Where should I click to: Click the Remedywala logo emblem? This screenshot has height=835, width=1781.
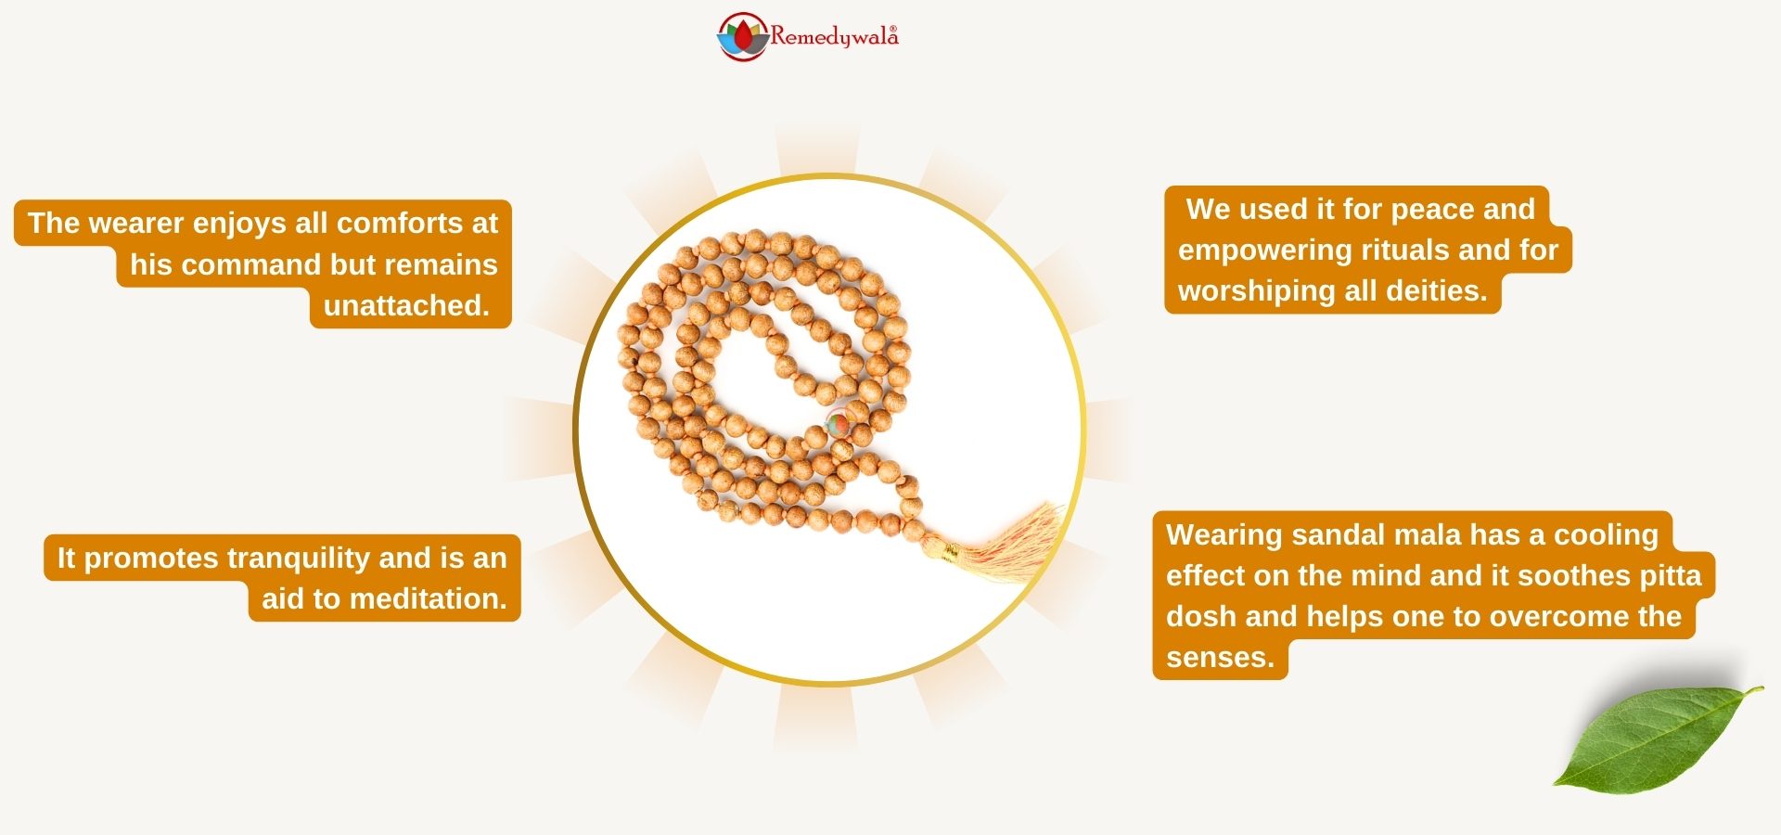(x=743, y=36)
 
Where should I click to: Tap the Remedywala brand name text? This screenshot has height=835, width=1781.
(x=834, y=37)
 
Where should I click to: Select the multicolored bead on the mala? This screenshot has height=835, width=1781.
(x=838, y=424)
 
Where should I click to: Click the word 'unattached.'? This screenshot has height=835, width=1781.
(x=406, y=305)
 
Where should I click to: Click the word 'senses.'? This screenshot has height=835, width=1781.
(x=1220, y=658)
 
